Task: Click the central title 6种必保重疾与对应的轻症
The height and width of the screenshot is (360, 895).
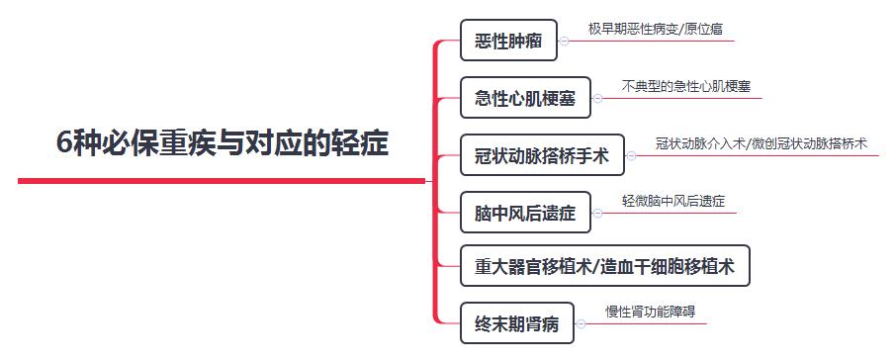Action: pyautogui.click(x=223, y=143)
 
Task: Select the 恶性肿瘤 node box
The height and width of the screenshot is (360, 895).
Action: pyautogui.click(x=508, y=42)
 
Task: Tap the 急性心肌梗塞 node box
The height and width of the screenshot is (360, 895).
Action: pyautogui.click(x=526, y=98)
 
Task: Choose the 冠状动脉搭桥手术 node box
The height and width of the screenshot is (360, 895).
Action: pyautogui.click(x=542, y=154)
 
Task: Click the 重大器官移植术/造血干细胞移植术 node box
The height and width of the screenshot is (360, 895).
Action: pyautogui.click(x=605, y=266)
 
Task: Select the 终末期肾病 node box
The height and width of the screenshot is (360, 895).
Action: pyautogui.click(x=517, y=322)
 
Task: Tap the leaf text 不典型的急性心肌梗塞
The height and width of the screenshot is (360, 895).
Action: pyautogui.click(x=685, y=86)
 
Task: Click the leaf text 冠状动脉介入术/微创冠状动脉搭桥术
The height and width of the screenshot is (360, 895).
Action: pyautogui.click(x=761, y=142)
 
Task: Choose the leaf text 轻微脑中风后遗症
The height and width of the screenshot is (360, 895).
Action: pyautogui.click(x=672, y=200)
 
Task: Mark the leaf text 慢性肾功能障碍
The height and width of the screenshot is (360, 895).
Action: pyautogui.click(x=650, y=312)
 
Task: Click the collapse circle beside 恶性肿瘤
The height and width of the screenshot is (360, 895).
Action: pyautogui.click(x=565, y=42)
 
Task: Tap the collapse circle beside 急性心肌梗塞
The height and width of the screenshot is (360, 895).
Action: pyautogui.click(x=598, y=98)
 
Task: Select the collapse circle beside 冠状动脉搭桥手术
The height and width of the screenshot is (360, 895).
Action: pyautogui.click(x=632, y=154)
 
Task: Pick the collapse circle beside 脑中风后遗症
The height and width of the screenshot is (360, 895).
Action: pyautogui.click(x=598, y=211)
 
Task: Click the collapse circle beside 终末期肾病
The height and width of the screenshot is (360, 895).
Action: pyautogui.click(x=582, y=322)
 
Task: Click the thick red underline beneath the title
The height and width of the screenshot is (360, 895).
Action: pyautogui.click(x=218, y=181)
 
